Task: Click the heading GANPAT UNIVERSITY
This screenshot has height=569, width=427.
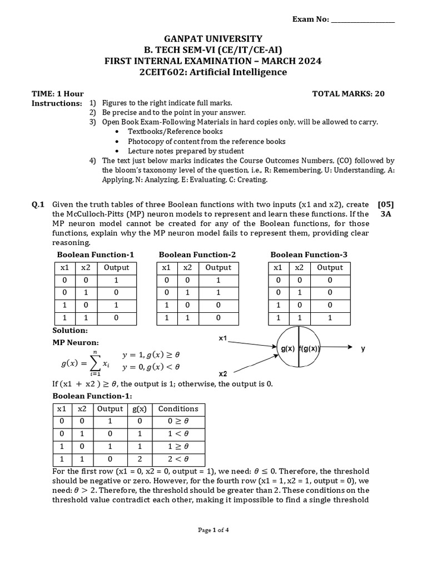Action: [213, 38]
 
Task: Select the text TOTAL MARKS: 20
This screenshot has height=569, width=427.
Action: [349, 93]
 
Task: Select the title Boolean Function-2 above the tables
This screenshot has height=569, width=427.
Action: [197, 254]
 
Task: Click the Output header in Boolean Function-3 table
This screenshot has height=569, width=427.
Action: [330, 267]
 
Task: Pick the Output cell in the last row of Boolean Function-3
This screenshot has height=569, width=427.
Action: [330, 318]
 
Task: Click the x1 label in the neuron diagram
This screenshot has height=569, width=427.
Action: [223, 338]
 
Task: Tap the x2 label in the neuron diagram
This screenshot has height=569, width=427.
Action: [223, 374]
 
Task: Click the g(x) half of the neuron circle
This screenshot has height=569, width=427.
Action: [287, 348]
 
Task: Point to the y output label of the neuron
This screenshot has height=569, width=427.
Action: [363, 348]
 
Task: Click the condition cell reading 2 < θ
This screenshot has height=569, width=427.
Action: [178, 460]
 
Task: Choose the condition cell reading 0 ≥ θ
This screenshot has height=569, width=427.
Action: [178, 421]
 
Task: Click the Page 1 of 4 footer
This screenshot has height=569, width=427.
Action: [213, 530]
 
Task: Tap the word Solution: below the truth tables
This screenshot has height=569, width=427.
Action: [69, 331]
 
